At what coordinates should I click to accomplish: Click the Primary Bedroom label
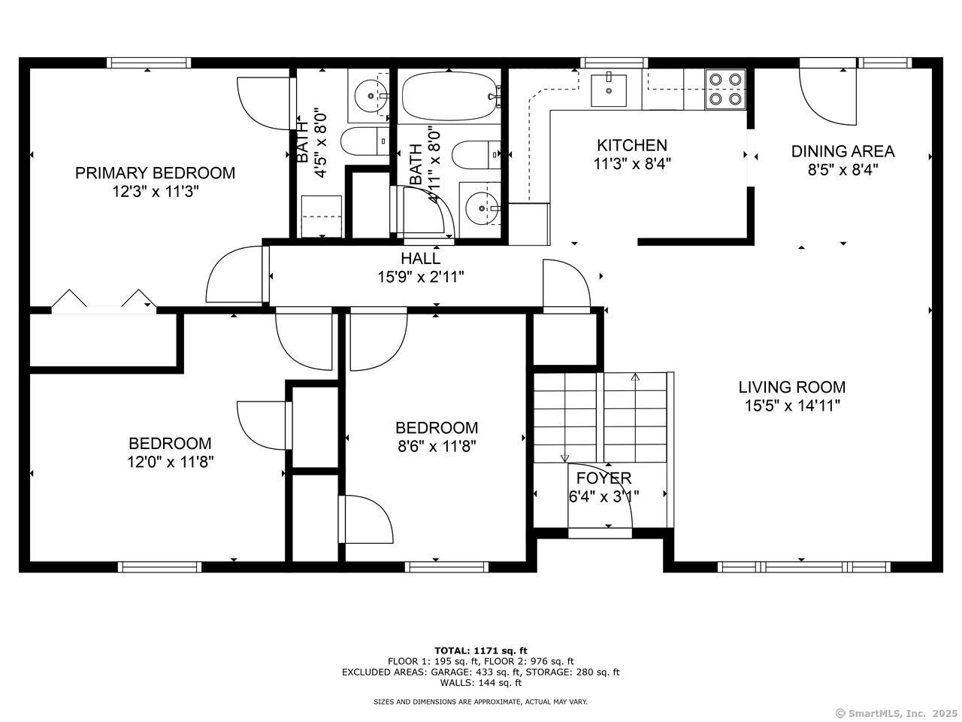click(x=155, y=173)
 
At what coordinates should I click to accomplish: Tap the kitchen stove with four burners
click(x=725, y=89)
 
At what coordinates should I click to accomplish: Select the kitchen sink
click(x=608, y=90)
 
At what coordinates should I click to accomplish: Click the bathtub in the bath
click(x=451, y=96)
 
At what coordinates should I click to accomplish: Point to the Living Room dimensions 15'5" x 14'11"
click(x=792, y=406)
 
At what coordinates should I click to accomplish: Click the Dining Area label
click(x=843, y=151)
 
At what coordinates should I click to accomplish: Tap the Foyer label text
click(x=604, y=478)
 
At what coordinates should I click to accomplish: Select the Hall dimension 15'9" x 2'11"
click(x=421, y=277)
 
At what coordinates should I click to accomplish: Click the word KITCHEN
click(x=632, y=145)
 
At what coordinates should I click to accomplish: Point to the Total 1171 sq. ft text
click(x=481, y=651)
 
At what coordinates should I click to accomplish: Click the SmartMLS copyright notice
click(x=895, y=713)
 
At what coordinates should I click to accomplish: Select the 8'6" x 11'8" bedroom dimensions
click(x=437, y=446)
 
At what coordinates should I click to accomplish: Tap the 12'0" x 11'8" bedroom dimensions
click(x=170, y=462)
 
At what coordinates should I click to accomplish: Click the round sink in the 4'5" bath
click(x=371, y=95)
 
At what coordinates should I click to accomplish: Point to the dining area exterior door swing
click(x=827, y=97)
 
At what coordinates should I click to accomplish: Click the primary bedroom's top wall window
click(x=149, y=62)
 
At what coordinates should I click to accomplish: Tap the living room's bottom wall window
click(x=803, y=567)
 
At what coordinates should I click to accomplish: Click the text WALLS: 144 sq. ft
click(x=481, y=683)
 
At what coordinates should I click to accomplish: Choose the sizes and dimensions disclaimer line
click(x=480, y=702)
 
